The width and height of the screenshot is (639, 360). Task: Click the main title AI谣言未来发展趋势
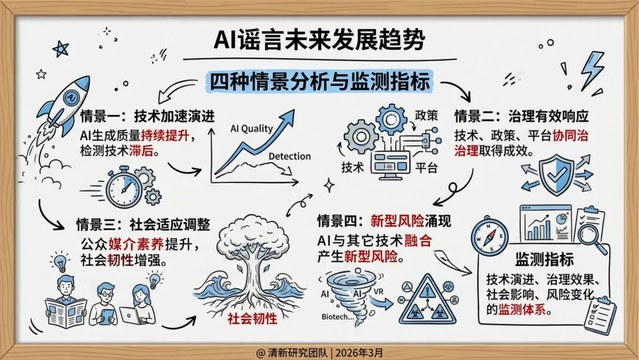[319, 42]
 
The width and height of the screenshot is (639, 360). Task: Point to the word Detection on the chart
[289, 156]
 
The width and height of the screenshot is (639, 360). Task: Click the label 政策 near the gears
[426, 114]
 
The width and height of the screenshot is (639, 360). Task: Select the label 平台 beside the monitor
[426, 168]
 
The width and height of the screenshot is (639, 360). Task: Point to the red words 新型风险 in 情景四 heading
[398, 221]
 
